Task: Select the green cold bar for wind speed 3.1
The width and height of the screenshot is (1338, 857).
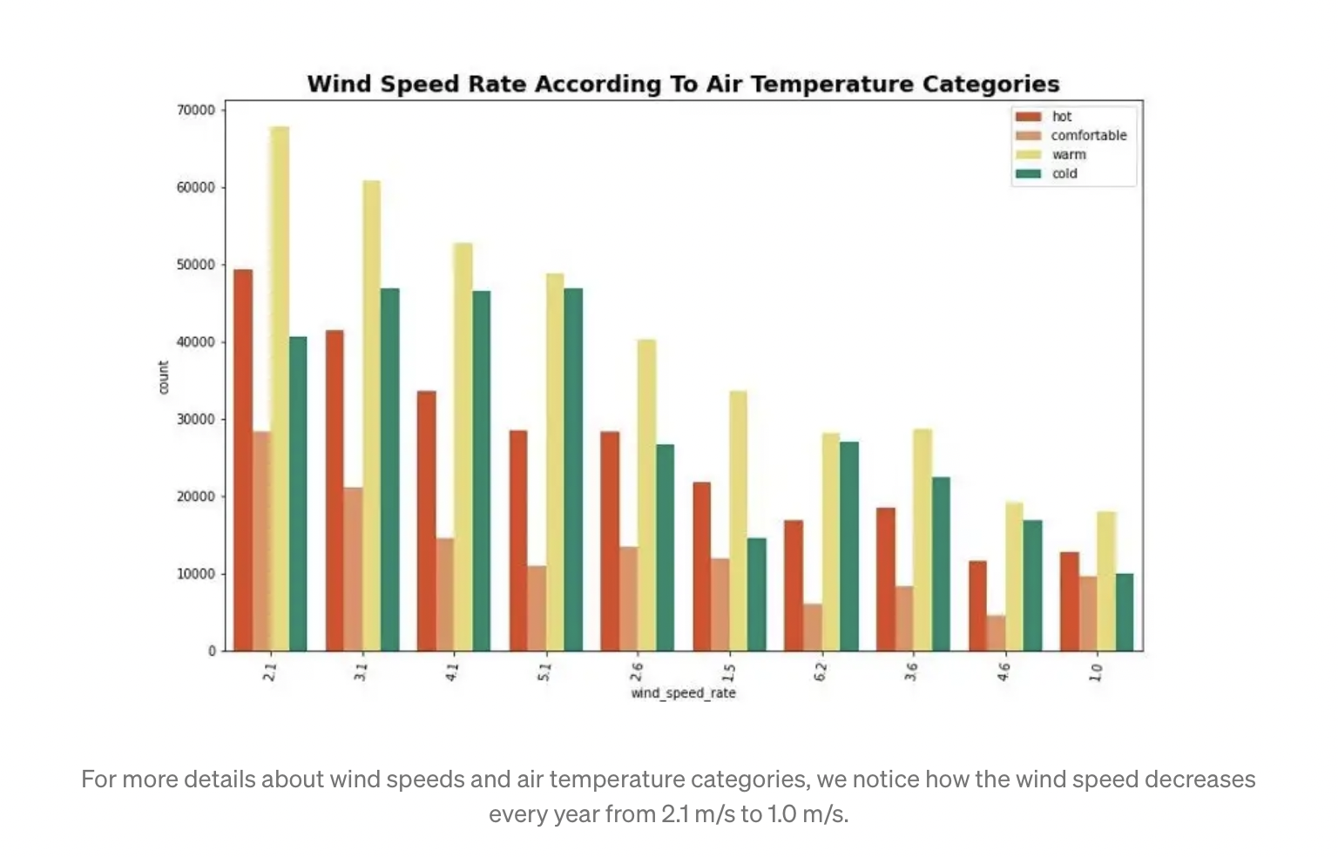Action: (389, 469)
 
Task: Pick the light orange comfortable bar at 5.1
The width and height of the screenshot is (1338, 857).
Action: (537, 609)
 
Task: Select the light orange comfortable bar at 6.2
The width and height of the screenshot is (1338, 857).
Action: (812, 628)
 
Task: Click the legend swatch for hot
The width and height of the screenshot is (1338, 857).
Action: (1028, 117)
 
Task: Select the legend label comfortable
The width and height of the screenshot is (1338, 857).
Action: (1088, 136)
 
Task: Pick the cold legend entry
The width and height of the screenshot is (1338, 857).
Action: (1064, 174)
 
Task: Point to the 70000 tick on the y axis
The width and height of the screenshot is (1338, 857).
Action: (196, 111)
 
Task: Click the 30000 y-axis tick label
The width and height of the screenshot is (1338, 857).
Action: (196, 420)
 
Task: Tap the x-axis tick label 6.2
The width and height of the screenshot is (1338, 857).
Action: (821, 671)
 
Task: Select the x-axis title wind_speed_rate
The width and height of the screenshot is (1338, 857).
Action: (683, 693)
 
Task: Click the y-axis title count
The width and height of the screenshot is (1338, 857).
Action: (164, 377)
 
